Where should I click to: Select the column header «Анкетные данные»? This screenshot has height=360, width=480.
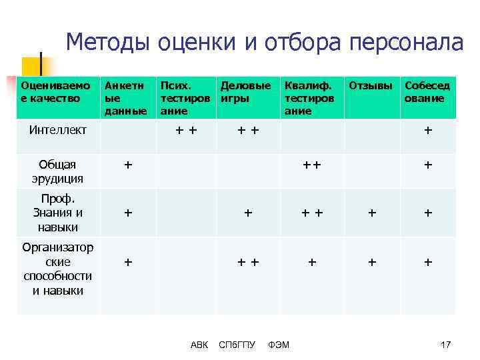click(x=124, y=98)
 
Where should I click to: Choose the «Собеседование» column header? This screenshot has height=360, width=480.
click(x=427, y=92)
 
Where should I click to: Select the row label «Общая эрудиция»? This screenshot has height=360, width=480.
click(x=57, y=171)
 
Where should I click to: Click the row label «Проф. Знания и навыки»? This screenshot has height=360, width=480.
click(x=57, y=213)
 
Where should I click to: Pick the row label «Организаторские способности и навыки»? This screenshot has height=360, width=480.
click(x=57, y=269)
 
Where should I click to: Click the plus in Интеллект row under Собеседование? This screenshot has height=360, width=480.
click(x=428, y=131)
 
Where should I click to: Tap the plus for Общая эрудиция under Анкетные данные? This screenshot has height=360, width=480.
click(x=128, y=165)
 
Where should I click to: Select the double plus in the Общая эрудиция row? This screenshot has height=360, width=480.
click(x=311, y=165)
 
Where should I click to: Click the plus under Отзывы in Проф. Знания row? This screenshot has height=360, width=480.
click(x=372, y=213)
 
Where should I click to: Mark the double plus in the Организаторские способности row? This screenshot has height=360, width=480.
click(x=248, y=263)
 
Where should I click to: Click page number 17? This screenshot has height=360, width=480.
click(x=446, y=345)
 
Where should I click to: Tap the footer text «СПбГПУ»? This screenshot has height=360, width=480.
click(x=237, y=345)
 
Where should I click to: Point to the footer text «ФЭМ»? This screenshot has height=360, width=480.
click(x=278, y=345)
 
